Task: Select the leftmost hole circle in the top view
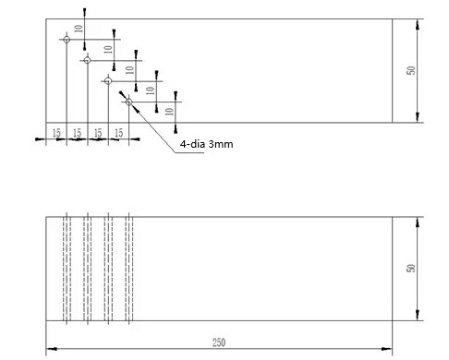66,39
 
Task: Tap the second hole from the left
87,60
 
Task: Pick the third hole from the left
108,81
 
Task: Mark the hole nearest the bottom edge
129,102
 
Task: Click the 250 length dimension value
219,342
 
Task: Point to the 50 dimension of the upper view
412,70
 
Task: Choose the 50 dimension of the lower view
412,269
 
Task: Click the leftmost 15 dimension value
55,134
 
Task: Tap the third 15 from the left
98,134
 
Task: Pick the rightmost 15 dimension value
119,134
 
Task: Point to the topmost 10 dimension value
79,29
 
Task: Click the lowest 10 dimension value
168,111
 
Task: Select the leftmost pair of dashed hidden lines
66,269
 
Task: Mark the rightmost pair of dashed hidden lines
129,269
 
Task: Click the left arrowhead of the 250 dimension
50,349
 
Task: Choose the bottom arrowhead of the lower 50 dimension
419,318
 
